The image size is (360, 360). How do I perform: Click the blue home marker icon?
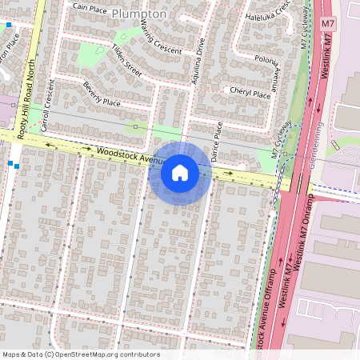pos(179,173)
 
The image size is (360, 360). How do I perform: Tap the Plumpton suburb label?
pos(139,14)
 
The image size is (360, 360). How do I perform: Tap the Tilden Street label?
pos(126,59)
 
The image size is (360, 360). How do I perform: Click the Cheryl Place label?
pos(250,93)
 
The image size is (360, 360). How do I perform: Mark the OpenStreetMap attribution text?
pos(81,354)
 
